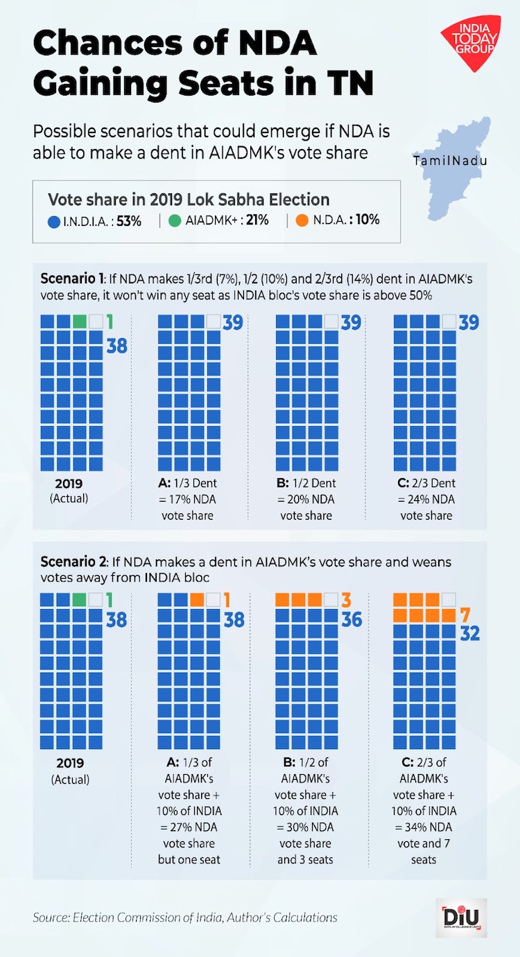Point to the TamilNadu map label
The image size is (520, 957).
pyautogui.click(x=450, y=161)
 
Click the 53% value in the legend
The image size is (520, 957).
pyautogui.click(x=133, y=220)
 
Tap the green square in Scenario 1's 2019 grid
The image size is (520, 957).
pyautogui.click(x=80, y=322)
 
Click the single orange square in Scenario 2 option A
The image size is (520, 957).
pyautogui.click(x=197, y=599)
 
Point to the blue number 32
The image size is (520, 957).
pyautogui.click(x=469, y=633)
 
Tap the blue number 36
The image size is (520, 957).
pyautogui.click(x=352, y=619)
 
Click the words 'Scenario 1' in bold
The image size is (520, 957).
pyautogui.click(x=70, y=281)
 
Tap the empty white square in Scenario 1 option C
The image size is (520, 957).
pyautogui.click(x=450, y=322)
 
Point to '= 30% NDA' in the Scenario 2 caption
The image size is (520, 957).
pyautogui.click(x=306, y=827)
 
